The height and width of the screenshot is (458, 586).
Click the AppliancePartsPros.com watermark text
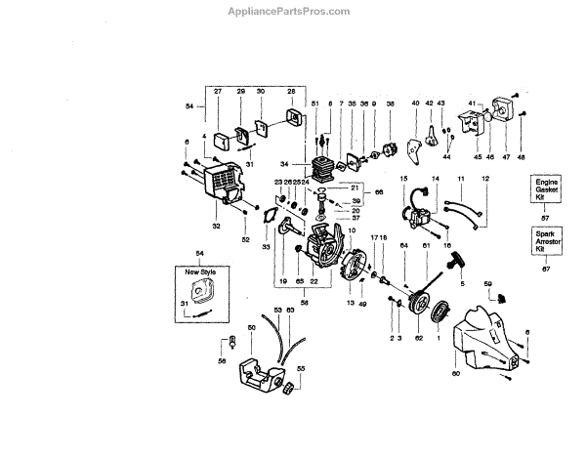tap(294, 11)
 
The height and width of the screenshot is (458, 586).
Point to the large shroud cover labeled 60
tap(483, 342)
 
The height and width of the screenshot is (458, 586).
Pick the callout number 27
tap(218, 91)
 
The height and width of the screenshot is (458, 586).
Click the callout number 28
tap(291, 91)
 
